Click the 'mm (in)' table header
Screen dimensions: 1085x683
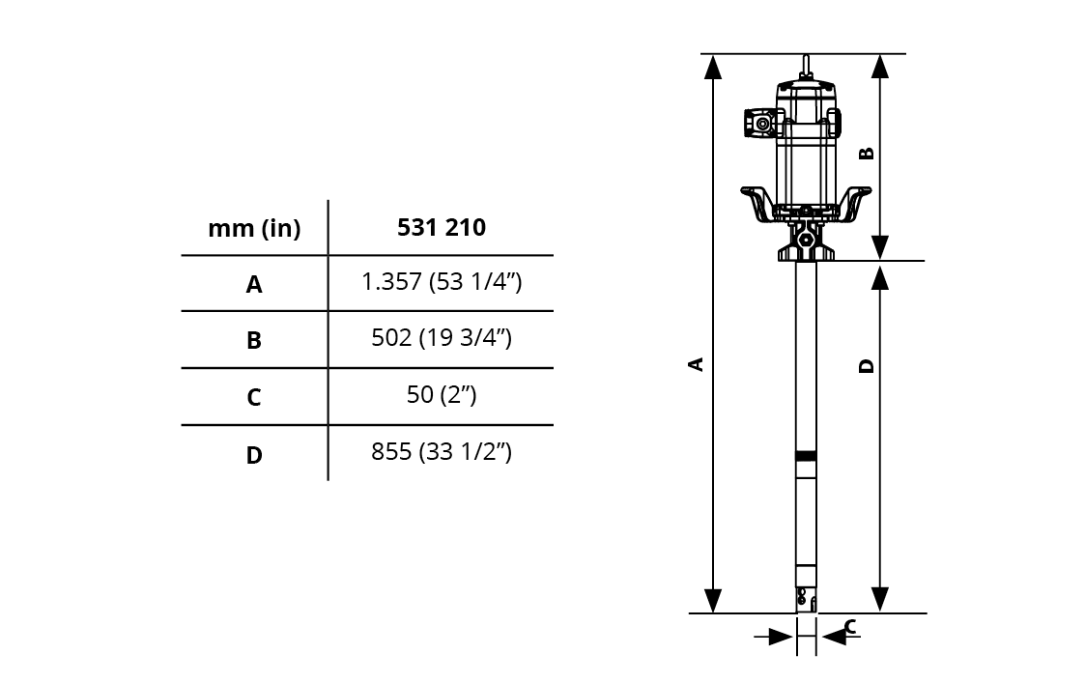[x=254, y=228]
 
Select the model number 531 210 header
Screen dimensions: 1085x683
[x=442, y=228]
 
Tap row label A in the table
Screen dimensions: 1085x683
[x=254, y=284]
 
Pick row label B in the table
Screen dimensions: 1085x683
[x=254, y=340]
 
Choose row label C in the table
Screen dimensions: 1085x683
[x=254, y=397]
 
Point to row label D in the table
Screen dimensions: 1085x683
[x=254, y=455]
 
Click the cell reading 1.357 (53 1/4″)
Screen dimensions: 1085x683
[x=442, y=282]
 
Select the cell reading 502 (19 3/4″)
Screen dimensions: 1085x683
[x=442, y=338]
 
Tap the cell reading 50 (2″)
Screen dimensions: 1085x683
[x=442, y=394]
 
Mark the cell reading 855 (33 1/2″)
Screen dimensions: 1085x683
[x=442, y=452]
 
